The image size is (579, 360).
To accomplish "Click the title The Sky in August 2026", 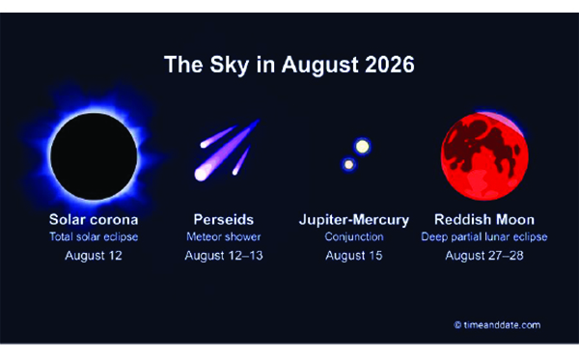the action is (x=289, y=65).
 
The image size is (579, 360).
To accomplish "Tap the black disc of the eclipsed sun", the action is (x=94, y=156).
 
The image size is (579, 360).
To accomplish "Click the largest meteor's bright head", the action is (x=202, y=175).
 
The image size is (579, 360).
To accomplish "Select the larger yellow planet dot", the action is (x=362, y=147).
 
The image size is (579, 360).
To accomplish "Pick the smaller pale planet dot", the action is (x=348, y=164).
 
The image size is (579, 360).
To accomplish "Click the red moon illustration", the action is (x=484, y=156).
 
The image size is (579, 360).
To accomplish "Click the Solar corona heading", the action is (x=94, y=220).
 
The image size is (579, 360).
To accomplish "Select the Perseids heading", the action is (x=224, y=220).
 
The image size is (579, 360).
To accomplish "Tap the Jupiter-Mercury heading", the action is (x=354, y=220).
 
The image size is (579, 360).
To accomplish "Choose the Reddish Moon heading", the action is (x=484, y=220).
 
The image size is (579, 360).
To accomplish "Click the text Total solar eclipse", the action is (x=94, y=237).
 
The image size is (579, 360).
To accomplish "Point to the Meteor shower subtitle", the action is (x=224, y=236).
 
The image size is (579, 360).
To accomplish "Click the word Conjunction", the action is (x=354, y=237).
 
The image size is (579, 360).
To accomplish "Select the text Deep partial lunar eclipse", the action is (x=484, y=237).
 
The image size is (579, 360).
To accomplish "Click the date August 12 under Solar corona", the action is (x=94, y=256).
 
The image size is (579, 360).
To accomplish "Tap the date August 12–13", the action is (x=224, y=256).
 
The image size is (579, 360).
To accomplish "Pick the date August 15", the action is (x=354, y=256).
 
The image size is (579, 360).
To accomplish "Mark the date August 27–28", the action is (x=484, y=256).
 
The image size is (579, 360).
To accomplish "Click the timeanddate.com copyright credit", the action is (x=497, y=325).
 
